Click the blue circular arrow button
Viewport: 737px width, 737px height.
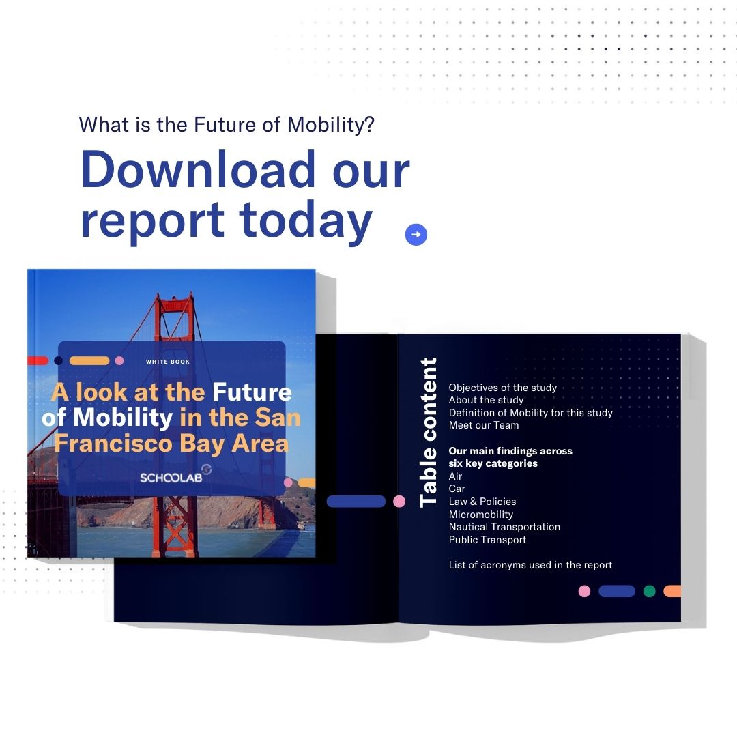point(416,235)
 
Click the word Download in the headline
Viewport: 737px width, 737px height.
point(198,169)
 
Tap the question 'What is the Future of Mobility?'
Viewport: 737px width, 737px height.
point(227,125)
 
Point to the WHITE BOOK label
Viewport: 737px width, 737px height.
point(168,362)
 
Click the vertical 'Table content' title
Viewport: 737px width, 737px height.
point(428,432)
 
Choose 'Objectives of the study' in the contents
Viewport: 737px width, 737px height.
point(502,388)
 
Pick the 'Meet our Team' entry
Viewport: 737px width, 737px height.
point(484,425)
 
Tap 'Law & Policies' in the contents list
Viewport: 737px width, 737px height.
point(482,502)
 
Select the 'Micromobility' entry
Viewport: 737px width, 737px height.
point(481,515)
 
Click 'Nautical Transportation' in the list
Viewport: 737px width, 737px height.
point(504,527)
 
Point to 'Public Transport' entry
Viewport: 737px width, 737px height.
point(487,540)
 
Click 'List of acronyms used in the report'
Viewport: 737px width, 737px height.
point(530,565)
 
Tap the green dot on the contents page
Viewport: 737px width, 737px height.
point(649,591)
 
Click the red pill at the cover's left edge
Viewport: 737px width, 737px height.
point(38,360)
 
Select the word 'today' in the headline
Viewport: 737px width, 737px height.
point(306,220)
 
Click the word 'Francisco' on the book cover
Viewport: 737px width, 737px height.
point(113,444)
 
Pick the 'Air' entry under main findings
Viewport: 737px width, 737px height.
point(455,476)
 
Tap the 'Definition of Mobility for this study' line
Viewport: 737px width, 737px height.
point(531,413)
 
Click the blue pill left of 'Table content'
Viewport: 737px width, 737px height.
point(356,502)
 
